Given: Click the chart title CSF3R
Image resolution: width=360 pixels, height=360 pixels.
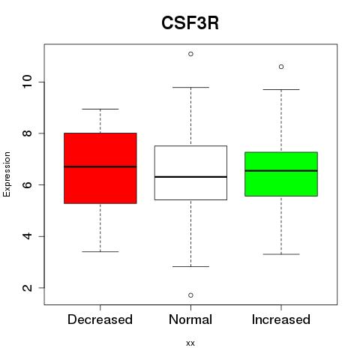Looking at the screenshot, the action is (190, 23).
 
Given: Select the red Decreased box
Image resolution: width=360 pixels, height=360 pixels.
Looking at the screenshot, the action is (100, 168).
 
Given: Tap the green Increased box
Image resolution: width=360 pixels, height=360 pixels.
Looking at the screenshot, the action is (281, 174).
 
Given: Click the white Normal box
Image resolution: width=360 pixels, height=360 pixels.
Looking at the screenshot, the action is (190, 172).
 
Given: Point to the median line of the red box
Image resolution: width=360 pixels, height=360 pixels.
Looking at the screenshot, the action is (100, 166).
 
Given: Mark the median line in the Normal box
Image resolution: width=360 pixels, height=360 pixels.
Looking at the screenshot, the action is (190, 177).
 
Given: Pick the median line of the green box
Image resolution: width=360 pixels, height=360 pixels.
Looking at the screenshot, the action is (281, 171).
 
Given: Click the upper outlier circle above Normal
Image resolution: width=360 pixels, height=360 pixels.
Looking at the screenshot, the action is (190, 54).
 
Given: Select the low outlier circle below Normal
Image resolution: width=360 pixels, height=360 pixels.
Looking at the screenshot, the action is (190, 295).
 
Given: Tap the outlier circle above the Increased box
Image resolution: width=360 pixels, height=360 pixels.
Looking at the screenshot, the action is (281, 67).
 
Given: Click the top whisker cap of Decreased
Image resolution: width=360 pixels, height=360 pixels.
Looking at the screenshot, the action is (100, 109).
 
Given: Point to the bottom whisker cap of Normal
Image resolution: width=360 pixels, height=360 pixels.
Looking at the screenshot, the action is (190, 266).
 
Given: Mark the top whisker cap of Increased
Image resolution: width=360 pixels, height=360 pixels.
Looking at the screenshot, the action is (281, 89).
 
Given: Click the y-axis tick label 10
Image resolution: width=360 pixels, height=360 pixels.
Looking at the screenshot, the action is (27, 82).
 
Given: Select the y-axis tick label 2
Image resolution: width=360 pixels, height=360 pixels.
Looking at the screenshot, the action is (27, 288).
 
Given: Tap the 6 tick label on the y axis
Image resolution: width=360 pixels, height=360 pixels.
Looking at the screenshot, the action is (27, 184).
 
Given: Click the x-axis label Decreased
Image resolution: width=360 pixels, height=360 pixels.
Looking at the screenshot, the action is (100, 319).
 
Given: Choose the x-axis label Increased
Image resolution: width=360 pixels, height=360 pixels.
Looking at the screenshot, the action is (281, 319).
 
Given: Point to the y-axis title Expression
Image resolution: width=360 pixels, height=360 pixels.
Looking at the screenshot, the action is (7, 174).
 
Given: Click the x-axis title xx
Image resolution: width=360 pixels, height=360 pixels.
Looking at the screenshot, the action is (190, 343).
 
